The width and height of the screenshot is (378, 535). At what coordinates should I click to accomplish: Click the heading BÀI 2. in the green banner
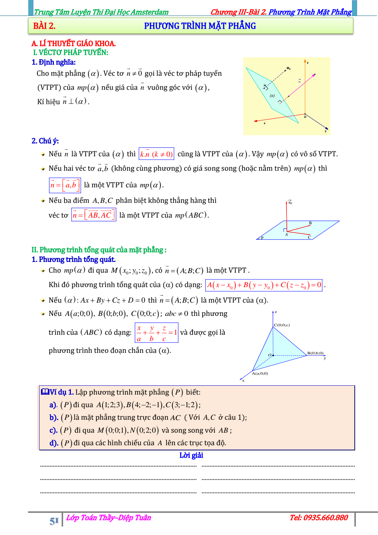pyautogui.click(x=44, y=26)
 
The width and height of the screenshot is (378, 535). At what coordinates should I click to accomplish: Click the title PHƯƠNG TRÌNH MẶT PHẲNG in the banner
pyautogui.click(x=200, y=26)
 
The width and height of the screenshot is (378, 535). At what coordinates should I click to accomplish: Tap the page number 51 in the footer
pyautogui.click(x=54, y=521)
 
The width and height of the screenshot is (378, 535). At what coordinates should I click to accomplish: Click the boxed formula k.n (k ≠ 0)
pyautogui.click(x=156, y=154)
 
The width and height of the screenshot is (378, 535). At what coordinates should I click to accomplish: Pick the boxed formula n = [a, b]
pyautogui.click(x=65, y=185)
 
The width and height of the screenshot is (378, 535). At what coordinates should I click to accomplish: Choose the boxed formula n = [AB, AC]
pyautogui.click(x=94, y=215)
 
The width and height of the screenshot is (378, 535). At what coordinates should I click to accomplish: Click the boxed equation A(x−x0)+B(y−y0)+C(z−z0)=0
pyautogui.click(x=264, y=285)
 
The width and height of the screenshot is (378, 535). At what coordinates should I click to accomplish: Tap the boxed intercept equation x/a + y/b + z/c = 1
pyautogui.click(x=157, y=333)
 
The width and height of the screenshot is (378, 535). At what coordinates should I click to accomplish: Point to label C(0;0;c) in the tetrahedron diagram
pyautogui.click(x=282, y=325)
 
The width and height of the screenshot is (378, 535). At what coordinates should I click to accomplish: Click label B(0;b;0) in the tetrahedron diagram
pyautogui.click(x=315, y=353)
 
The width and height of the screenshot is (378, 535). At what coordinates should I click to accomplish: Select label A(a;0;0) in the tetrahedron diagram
pyautogui.click(x=260, y=374)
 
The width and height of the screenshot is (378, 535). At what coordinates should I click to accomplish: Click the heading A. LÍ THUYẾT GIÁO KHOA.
pyautogui.click(x=73, y=44)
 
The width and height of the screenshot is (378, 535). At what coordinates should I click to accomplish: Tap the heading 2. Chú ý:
pyautogui.click(x=45, y=141)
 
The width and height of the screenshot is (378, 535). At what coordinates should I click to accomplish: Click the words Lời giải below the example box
pyautogui.click(x=191, y=455)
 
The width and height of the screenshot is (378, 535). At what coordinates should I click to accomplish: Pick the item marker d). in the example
pyautogui.click(x=54, y=443)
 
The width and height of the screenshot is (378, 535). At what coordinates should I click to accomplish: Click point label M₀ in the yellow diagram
pyautogui.click(x=289, y=68)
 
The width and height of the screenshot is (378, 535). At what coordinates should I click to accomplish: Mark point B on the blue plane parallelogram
pyautogui.click(x=310, y=223)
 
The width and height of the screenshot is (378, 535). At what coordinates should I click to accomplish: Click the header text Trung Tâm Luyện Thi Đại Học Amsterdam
pyautogui.click(x=101, y=12)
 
